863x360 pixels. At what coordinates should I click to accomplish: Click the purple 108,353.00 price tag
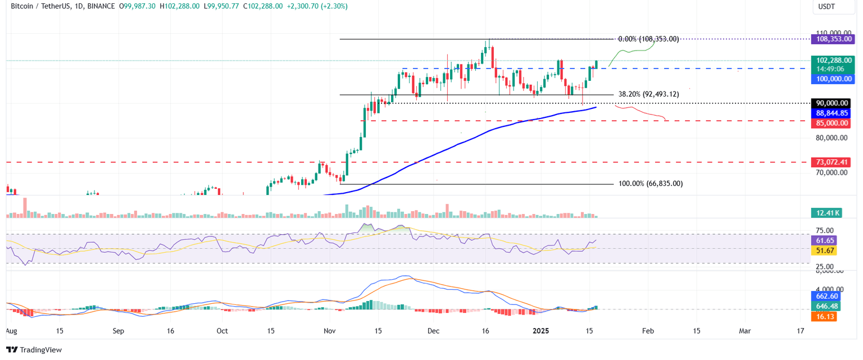pyautogui.click(x=832, y=39)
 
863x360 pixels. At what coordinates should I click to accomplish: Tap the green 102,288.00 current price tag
pyautogui.click(x=832, y=60)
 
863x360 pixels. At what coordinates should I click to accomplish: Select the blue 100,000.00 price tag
pyautogui.click(x=832, y=79)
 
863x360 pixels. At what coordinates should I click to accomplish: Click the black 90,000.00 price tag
pyautogui.click(x=832, y=103)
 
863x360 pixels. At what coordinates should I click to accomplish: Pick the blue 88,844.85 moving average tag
pyautogui.click(x=832, y=113)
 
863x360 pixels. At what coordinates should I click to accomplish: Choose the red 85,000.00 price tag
pyautogui.click(x=832, y=123)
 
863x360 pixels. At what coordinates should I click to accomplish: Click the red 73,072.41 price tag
pyautogui.click(x=832, y=162)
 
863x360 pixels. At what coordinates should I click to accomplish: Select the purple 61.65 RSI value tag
pyautogui.click(x=823, y=240)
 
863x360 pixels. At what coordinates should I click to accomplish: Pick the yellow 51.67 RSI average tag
pyautogui.click(x=823, y=250)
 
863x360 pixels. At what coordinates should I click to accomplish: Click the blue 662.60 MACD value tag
pyautogui.click(x=824, y=296)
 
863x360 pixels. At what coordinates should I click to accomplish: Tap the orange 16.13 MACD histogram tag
pyautogui.click(x=823, y=317)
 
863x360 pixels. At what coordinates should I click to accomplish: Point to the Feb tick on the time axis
pyautogui.click(x=648, y=331)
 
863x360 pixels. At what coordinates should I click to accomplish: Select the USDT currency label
pyautogui.click(x=827, y=7)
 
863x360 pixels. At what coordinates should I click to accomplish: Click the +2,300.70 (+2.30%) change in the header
pyautogui.click(x=319, y=6)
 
